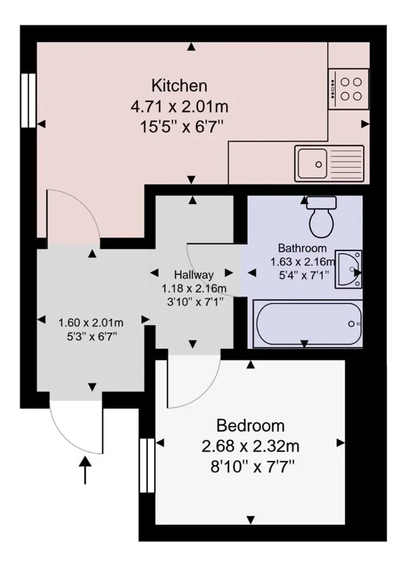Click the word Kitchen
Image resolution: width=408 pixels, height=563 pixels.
(179, 86)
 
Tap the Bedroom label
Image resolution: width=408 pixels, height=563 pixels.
(250, 426)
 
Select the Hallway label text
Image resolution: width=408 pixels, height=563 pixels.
(194, 275)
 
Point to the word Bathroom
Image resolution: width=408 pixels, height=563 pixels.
(302, 248)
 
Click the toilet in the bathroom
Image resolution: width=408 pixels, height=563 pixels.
(322, 217)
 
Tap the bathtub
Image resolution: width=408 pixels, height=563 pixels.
(308, 324)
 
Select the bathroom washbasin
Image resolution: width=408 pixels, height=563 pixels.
(348, 269)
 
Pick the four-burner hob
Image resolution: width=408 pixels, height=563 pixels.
(349, 89)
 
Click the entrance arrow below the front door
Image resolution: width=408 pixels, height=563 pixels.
(85, 470)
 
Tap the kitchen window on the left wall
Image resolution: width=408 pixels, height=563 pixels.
(28, 100)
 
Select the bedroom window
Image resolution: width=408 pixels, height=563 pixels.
(147, 465)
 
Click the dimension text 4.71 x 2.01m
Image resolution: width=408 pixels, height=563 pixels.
(179, 107)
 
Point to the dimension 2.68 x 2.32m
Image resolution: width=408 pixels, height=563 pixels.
(250, 447)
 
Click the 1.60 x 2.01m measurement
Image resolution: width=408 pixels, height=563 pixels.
(91, 323)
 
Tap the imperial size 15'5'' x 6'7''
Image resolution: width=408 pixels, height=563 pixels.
(182, 127)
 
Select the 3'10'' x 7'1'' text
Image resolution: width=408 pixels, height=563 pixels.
(195, 301)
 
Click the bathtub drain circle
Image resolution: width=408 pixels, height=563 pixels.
(351, 324)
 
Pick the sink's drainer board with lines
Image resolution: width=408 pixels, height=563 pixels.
(345, 164)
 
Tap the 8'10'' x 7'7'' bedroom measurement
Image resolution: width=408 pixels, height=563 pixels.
(252, 467)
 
